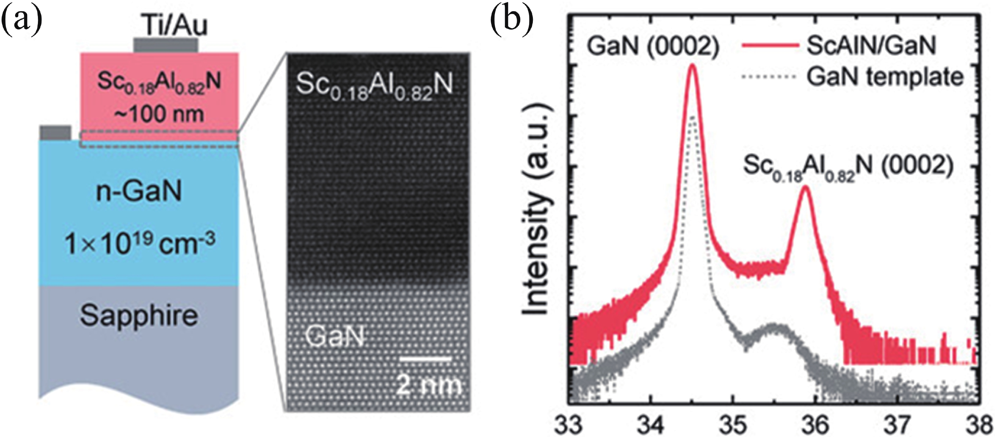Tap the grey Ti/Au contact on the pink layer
pos(165,45)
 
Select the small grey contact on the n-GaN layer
pos(55,133)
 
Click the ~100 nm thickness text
pos(159,114)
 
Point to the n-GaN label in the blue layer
pos(139,191)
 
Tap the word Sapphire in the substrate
pos(139,316)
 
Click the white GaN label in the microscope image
pos(335,336)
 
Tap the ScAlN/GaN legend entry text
pos(871,45)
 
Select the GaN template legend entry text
pos(884,77)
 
